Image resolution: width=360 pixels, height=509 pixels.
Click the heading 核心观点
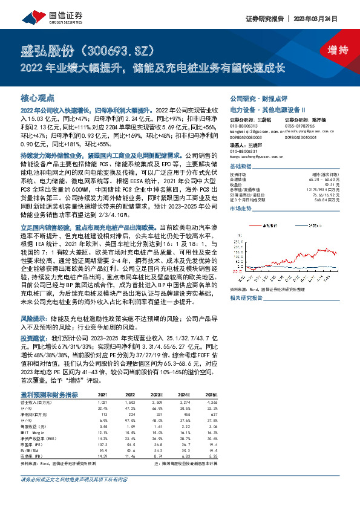(38, 97)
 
